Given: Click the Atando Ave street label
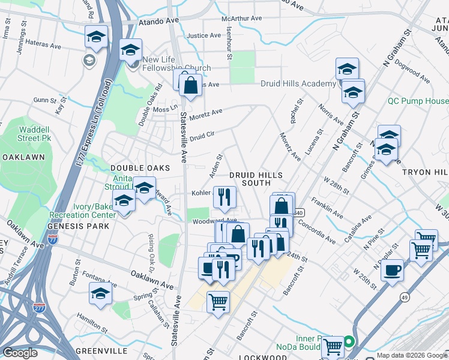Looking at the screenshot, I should [x=159, y=20].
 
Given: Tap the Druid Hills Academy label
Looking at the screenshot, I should [x=298, y=83].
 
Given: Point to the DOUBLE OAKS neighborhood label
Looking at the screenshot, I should [x=140, y=168].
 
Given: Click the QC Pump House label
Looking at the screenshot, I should [x=418, y=101].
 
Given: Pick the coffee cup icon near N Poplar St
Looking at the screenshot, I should [x=392, y=270].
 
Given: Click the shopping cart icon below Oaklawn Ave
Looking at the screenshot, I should [x=218, y=302].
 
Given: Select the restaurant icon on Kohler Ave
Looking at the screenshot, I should [x=224, y=197].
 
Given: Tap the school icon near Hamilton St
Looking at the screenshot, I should [x=100, y=294].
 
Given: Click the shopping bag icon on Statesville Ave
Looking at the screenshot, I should [x=190, y=86].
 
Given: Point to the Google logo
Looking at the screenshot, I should [x=20, y=353].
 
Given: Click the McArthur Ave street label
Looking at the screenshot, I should [x=242, y=19].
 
